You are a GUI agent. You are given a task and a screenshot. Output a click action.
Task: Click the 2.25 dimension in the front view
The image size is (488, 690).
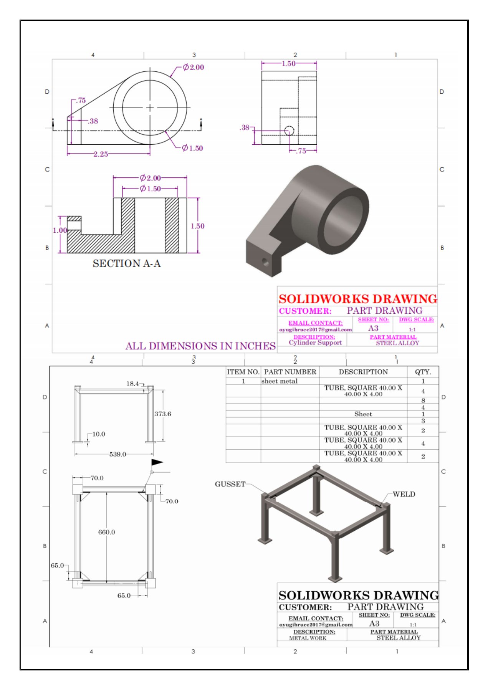[101, 154]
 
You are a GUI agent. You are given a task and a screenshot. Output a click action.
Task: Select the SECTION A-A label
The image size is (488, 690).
[126, 263]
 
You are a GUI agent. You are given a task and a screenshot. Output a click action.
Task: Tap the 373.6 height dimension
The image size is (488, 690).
[163, 414]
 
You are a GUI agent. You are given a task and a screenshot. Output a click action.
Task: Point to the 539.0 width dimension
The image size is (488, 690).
[117, 454]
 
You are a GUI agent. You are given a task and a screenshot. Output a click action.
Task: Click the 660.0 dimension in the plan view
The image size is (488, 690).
[106, 532]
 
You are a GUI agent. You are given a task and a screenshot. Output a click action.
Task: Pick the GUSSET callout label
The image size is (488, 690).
[230, 484]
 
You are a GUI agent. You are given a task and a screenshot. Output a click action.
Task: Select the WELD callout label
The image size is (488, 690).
[404, 494]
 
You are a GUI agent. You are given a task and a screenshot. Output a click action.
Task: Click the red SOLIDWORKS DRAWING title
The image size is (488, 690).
[358, 299]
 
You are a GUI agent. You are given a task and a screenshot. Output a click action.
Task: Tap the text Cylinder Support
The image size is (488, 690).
[315, 343]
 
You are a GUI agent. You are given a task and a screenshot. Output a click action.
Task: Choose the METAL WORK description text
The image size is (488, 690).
[308, 638]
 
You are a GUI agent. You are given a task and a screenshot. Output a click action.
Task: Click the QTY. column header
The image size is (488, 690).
[423, 372]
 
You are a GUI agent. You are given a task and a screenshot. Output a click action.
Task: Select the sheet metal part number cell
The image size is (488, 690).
[280, 381]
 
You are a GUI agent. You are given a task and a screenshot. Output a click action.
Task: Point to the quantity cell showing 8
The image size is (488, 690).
[423, 400]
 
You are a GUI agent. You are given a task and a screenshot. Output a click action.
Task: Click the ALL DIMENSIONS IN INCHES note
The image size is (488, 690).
[200, 346]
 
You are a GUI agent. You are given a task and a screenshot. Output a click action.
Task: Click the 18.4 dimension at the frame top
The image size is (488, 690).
[132, 384]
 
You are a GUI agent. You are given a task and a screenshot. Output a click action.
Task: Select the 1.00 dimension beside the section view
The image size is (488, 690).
[60, 230]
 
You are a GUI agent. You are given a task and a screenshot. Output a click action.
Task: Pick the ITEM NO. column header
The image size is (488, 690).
[243, 372]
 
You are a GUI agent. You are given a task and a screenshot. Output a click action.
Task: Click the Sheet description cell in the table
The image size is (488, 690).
[363, 414]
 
